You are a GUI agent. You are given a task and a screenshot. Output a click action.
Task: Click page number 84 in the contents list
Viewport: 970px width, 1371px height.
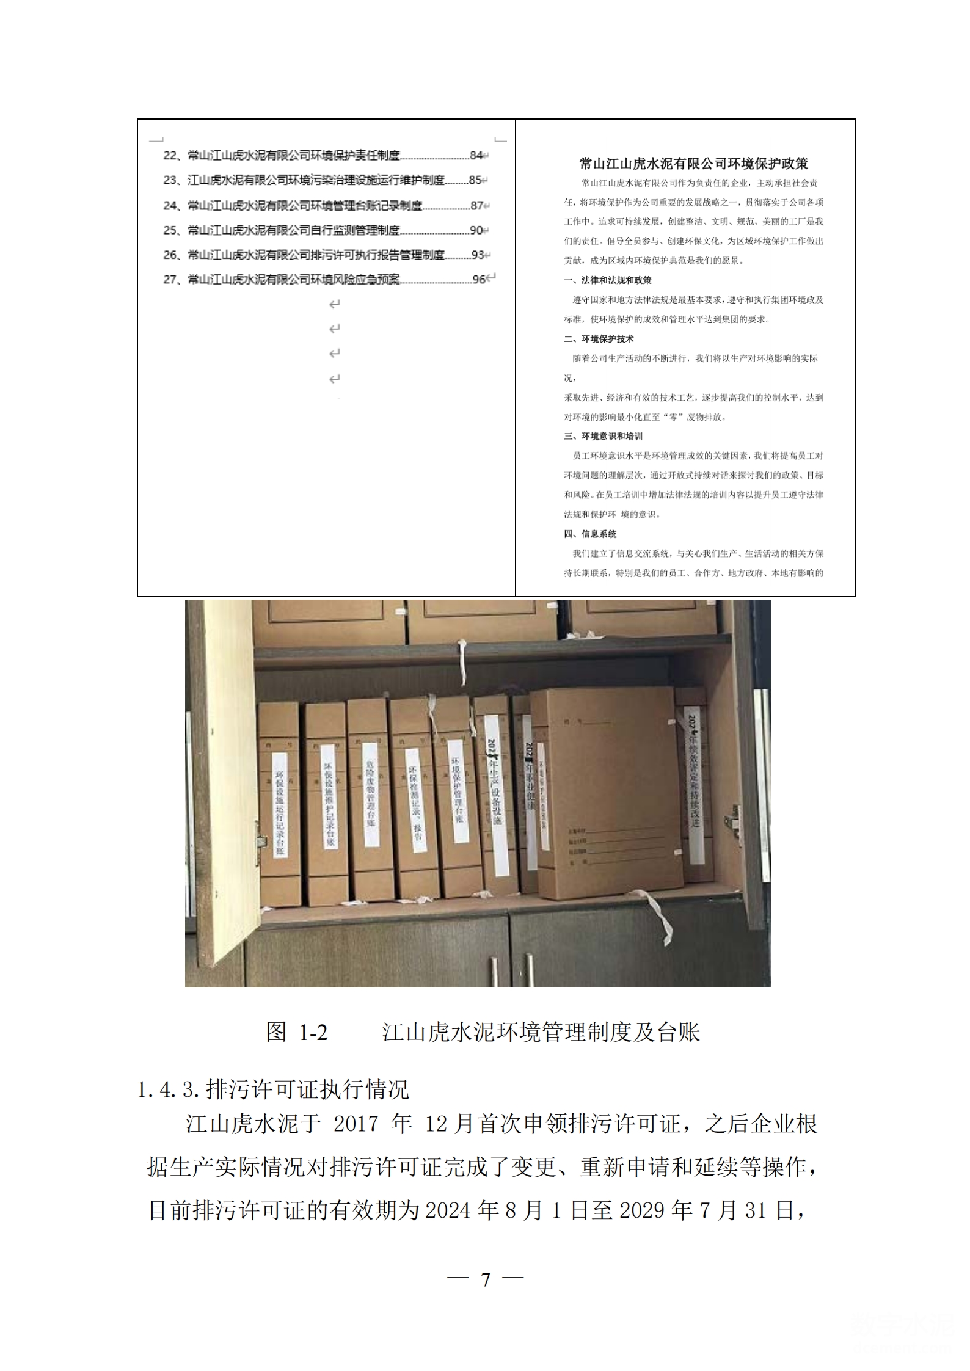tap(476, 156)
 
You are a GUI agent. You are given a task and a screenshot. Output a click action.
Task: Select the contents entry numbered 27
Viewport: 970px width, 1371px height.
tap(281, 280)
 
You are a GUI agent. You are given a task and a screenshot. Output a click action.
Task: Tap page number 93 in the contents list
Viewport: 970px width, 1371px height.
tap(477, 255)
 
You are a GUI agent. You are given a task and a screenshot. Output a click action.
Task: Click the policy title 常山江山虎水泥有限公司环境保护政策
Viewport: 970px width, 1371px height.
tap(693, 164)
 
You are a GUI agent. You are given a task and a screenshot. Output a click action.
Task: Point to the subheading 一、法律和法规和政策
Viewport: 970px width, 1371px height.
tap(607, 280)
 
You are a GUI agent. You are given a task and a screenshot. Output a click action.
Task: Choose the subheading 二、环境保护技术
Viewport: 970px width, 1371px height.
tap(599, 339)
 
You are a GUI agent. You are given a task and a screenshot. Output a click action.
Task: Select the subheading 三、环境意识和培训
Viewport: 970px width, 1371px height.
tap(603, 436)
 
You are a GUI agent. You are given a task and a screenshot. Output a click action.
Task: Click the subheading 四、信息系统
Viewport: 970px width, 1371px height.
tap(590, 534)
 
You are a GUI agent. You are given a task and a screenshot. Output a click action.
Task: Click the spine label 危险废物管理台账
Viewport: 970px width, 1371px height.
tap(371, 794)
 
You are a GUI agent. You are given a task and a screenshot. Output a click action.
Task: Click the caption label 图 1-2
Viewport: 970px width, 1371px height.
tap(297, 1031)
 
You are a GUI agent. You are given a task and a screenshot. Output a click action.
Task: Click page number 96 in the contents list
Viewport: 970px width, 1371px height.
tap(480, 280)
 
